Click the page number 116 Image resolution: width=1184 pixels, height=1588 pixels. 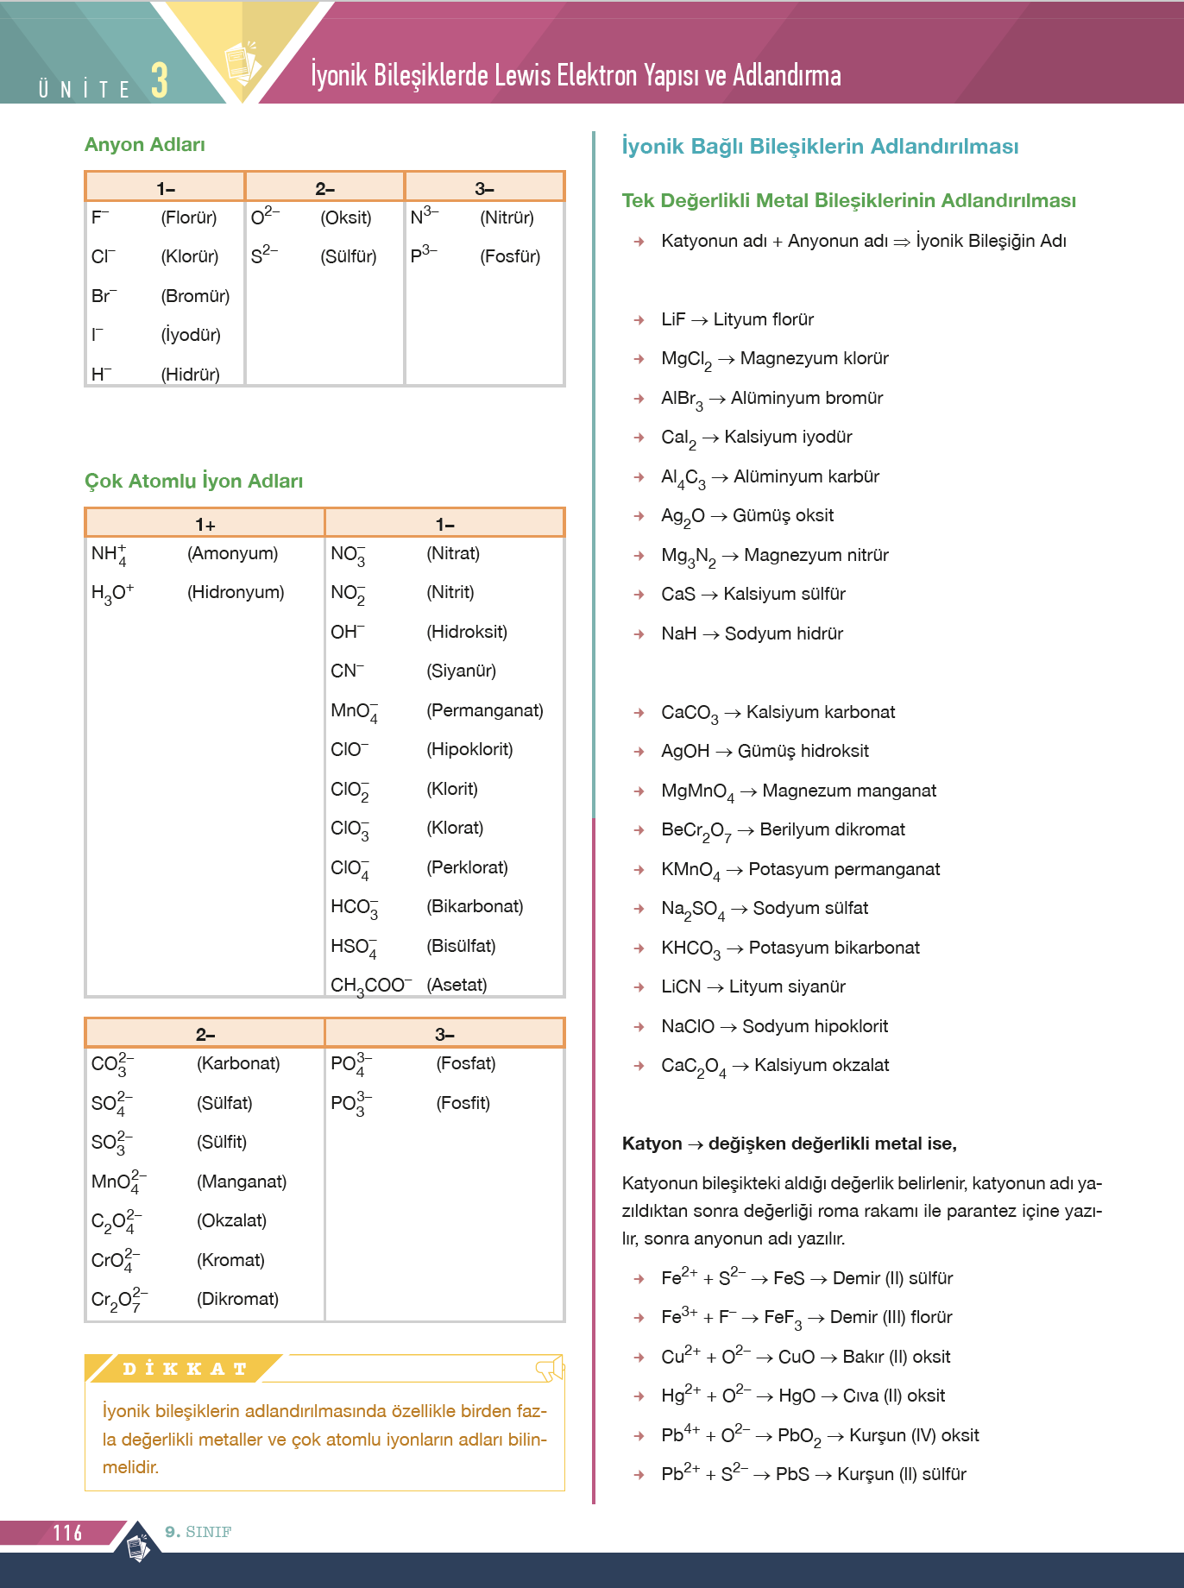coord(67,1533)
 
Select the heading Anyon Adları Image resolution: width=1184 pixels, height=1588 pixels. coord(145,145)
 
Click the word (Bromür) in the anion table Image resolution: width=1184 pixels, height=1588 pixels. coord(195,296)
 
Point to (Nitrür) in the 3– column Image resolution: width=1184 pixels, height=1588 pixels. coord(507,217)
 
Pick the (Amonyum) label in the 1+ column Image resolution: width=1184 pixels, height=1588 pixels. coord(232,553)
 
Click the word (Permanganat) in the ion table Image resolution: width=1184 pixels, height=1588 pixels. coord(484,710)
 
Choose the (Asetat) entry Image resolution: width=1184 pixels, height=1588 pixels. coord(457,985)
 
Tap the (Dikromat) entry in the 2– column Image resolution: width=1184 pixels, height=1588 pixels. coord(237,1299)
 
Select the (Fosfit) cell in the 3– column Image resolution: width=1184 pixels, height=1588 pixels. coord(463,1103)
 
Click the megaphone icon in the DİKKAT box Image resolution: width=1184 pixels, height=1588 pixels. coord(550,1367)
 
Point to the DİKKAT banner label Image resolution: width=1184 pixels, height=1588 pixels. coord(185,1369)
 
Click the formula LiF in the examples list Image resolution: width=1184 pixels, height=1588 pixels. coord(673,319)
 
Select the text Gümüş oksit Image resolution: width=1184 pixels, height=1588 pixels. coord(783,515)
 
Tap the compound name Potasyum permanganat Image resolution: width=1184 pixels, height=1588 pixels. coord(844,869)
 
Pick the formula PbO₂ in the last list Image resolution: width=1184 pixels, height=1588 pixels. coord(799,1435)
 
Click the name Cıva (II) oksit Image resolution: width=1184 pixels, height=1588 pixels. coord(893,1396)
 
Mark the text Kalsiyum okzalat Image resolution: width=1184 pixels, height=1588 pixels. coord(822,1065)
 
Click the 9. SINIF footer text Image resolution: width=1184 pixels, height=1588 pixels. coord(198,1532)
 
